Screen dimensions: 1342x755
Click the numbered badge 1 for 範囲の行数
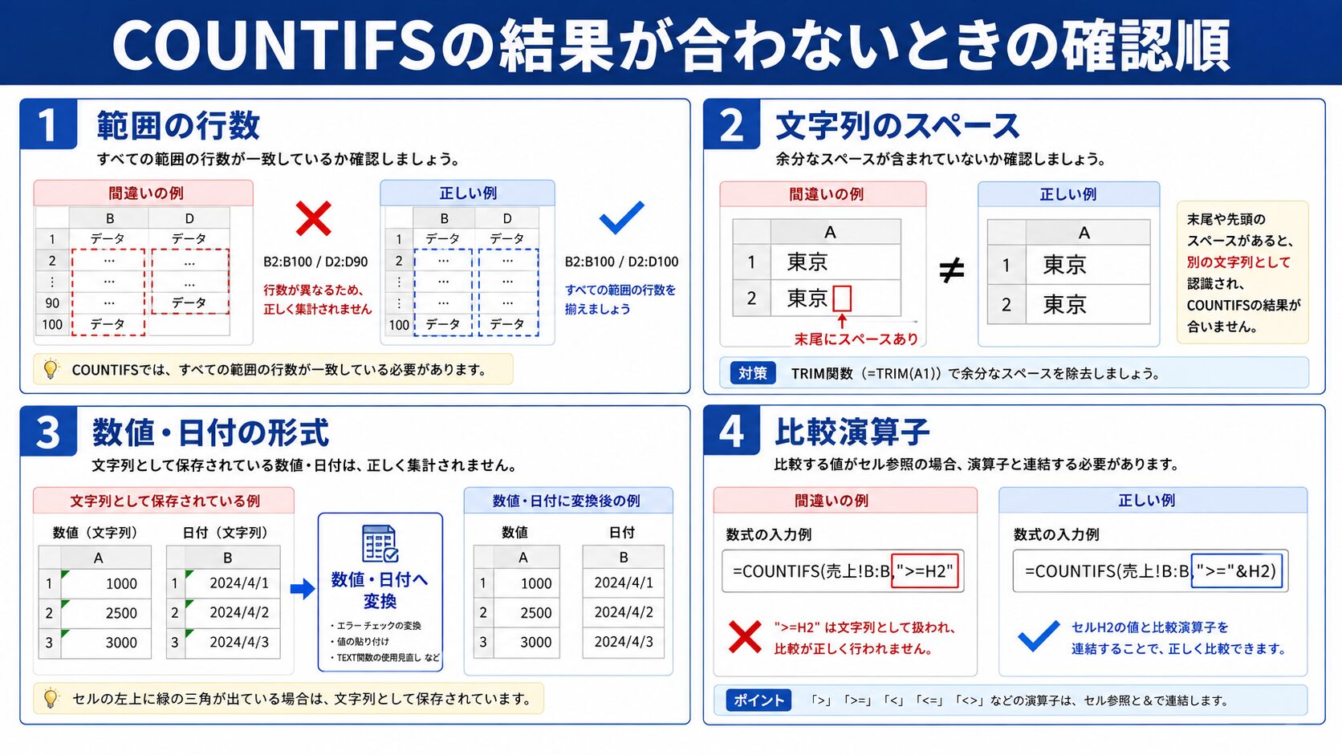coord(48,124)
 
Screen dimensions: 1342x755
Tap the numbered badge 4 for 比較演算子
coord(731,431)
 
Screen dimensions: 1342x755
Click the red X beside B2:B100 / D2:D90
coord(313,218)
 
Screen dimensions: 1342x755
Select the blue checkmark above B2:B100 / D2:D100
coord(621,217)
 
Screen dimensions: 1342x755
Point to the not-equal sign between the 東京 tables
coord(951,270)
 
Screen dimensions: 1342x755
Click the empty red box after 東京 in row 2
coord(842,298)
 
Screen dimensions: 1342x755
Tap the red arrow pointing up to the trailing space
coord(842,322)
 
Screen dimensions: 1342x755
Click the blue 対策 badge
coord(753,373)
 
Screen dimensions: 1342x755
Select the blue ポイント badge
coord(758,700)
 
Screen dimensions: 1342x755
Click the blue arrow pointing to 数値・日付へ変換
coord(303,589)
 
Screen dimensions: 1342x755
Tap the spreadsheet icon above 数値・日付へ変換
coord(380,544)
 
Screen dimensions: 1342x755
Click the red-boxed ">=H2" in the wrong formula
coord(925,570)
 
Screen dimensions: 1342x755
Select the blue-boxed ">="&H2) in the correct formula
coord(1237,570)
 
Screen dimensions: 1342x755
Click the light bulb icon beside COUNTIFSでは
coord(51,369)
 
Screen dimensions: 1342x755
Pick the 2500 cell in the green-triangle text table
coord(105,613)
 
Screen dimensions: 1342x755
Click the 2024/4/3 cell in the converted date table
coord(623,642)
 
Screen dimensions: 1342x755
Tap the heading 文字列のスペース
coord(897,126)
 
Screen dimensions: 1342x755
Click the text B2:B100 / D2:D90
coord(315,262)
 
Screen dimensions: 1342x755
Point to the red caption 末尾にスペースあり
coord(856,339)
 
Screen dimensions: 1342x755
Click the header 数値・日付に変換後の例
coord(566,501)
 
